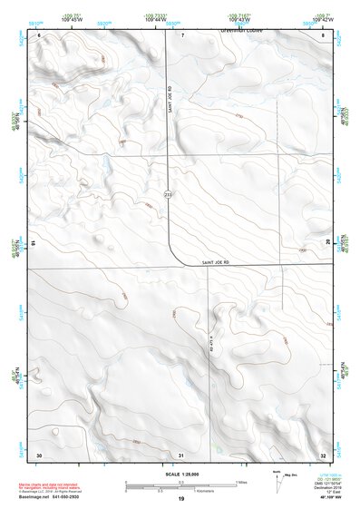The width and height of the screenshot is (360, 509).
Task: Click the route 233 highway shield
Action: coord(168,195)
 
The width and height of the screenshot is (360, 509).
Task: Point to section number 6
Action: coord(40,34)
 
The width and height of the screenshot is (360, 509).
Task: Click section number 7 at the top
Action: coord(182,34)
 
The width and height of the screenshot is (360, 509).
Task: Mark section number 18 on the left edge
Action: coord(34,243)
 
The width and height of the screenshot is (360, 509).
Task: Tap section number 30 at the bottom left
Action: coord(39,455)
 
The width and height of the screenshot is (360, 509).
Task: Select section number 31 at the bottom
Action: coord(181,455)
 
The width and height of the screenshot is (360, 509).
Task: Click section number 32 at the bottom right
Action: coord(324,455)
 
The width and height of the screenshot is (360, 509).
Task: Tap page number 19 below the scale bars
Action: coord(181,500)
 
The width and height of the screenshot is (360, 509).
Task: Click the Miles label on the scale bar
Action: coord(242,481)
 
